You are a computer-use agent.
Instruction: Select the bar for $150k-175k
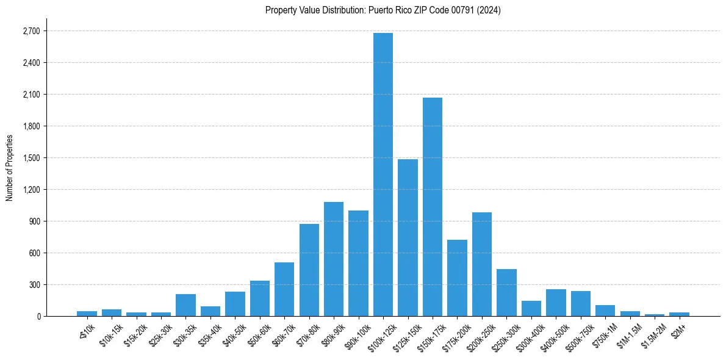tap(433, 207)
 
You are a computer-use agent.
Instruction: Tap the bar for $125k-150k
tap(408, 238)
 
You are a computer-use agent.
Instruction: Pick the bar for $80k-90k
tap(334, 259)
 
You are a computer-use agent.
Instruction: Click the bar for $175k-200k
tap(457, 278)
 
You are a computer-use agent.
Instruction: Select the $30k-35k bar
tap(185, 305)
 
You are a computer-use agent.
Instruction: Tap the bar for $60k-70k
tap(284, 289)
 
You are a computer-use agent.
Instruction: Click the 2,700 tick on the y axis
tap(31, 31)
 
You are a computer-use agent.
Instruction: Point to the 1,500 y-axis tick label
tap(31, 158)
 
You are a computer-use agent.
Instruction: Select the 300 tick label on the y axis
tap(34, 285)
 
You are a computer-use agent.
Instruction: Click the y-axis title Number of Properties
tap(9, 167)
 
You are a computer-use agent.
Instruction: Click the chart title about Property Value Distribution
tap(383, 10)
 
